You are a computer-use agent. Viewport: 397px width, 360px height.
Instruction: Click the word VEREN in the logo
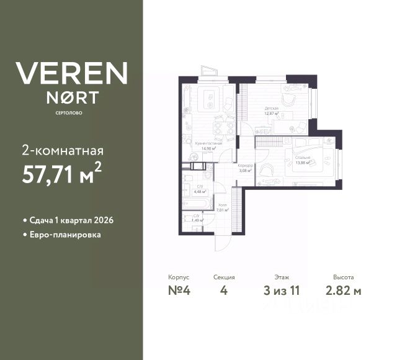point(71,73)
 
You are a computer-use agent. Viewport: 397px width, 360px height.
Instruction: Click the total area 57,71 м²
point(61,175)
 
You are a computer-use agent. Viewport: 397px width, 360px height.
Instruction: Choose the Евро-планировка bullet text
point(61,235)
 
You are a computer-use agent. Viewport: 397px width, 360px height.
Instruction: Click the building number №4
point(178,292)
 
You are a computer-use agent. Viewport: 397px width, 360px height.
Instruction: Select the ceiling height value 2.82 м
point(343,292)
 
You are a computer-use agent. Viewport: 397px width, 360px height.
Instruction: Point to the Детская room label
point(271,109)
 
